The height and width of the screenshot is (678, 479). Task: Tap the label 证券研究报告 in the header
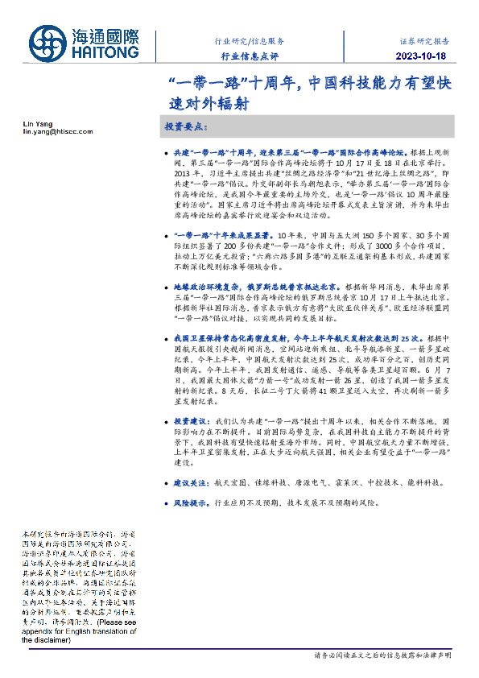click(425, 40)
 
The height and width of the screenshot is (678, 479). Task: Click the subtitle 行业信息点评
click(249, 56)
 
